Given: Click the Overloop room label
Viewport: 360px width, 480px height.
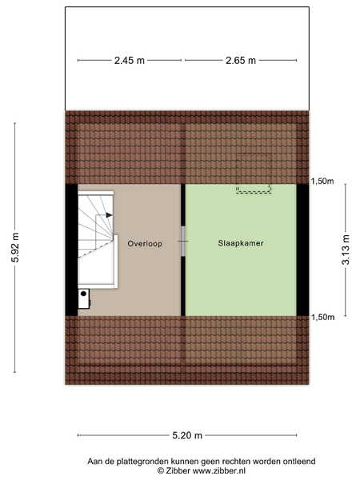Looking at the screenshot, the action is [x=145, y=244].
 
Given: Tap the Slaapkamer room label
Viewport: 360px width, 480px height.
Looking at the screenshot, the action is [x=241, y=243].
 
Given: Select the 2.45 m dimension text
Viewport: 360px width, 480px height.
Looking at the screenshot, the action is [x=129, y=61].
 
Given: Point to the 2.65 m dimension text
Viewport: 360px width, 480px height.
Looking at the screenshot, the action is [x=241, y=61].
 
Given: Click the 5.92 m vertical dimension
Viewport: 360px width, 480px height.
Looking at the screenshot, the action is [x=15, y=247].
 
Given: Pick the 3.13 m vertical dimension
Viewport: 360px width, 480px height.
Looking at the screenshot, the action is [x=346, y=250].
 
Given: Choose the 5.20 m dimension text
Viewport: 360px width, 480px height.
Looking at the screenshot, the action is [x=187, y=435].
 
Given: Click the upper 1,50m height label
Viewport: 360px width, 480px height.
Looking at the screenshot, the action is [x=322, y=182].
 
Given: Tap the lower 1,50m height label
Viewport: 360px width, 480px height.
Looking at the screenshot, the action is [x=322, y=317].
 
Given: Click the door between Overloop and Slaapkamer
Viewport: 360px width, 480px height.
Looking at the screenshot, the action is [x=183, y=242].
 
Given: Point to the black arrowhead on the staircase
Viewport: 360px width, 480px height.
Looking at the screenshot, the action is [x=109, y=215].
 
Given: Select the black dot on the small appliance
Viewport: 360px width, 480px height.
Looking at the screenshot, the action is [x=83, y=294].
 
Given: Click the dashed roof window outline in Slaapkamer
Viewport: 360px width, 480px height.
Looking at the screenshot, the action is [x=254, y=190].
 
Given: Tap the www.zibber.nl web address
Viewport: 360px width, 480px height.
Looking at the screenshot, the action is [x=219, y=470].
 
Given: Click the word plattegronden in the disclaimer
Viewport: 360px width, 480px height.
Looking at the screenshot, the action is [x=142, y=462].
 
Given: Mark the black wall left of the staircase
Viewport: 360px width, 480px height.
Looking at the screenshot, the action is [x=71, y=250].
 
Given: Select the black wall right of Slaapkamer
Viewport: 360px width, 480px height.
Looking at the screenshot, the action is [x=302, y=250].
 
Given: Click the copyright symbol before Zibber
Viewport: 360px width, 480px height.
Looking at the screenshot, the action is [x=161, y=470].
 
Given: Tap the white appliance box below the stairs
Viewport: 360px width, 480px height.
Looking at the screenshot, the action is [x=83, y=298].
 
